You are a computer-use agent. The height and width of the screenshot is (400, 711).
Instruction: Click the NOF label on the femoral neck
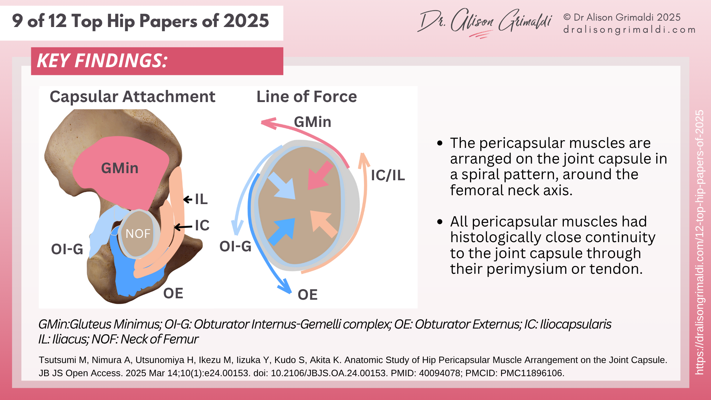pyautogui.click(x=138, y=234)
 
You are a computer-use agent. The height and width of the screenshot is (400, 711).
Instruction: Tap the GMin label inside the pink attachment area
pyautogui.click(x=120, y=168)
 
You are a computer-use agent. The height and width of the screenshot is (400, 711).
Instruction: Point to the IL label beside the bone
pyautogui.click(x=201, y=199)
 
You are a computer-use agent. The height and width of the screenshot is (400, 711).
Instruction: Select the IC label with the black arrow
pyautogui.click(x=202, y=225)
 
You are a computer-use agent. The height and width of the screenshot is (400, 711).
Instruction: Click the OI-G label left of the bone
pyautogui.click(x=67, y=249)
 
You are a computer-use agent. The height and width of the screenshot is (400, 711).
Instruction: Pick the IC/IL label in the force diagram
pyautogui.click(x=388, y=175)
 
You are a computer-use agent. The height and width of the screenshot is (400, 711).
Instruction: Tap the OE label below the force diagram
pyautogui.click(x=308, y=295)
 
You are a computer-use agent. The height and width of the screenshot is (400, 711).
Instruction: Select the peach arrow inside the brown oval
pyautogui.click(x=323, y=223)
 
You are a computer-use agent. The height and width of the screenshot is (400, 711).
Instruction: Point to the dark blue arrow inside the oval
pyautogui.click(x=283, y=231)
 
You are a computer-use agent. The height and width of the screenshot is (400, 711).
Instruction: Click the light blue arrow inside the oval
pyautogui.click(x=283, y=186)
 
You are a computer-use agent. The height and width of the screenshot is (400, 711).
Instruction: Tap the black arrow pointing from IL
pyautogui.click(x=188, y=199)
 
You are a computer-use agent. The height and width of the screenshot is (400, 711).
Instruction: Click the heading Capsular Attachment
pyautogui.click(x=133, y=97)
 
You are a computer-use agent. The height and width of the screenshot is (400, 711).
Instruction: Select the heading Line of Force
pyautogui.click(x=306, y=97)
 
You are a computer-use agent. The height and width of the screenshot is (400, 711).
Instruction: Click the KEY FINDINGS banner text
pyautogui.click(x=102, y=61)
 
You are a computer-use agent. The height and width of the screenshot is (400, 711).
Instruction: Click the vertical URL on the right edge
pyautogui.click(x=699, y=242)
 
